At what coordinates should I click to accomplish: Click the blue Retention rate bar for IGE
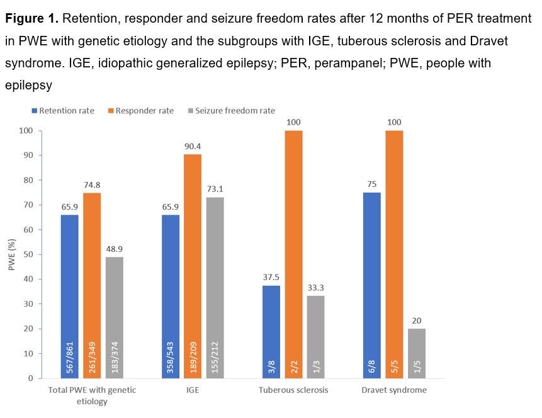[x=170, y=296]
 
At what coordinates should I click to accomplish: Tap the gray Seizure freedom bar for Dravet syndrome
[x=417, y=353]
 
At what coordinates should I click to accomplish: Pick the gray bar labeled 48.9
[x=115, y=317]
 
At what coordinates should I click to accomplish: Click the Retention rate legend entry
[x=62, y=111]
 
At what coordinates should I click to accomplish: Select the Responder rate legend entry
[x=142, y=111]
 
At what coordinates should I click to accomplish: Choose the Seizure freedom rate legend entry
[x=230, y=111]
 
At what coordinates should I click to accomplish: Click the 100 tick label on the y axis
[x=25, y=131]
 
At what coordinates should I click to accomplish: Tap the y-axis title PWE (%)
[x=11, y=254]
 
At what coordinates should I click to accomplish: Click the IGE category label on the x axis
[x=193, y=390]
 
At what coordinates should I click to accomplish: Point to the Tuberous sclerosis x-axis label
[x=293, y=390]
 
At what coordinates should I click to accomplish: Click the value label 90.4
[x=193, y=147]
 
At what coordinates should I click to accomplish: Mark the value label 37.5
[x=271, y=278]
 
